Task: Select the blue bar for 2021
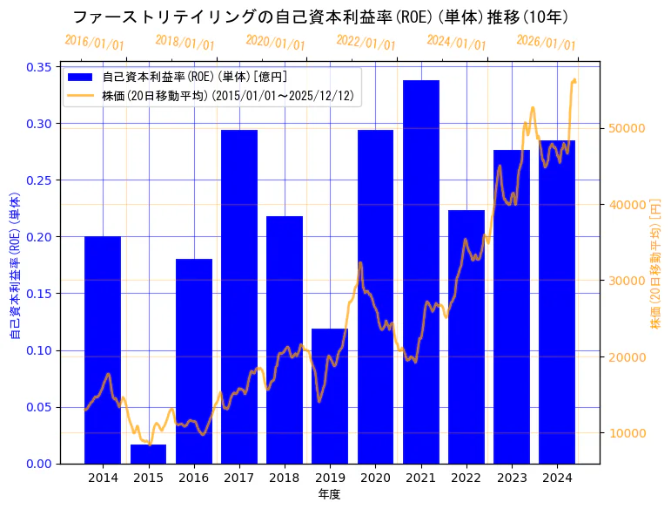click(421, 271)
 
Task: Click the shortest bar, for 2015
click(148, 454)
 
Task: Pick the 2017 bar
click(239, 296)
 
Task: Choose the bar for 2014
click(103, 350)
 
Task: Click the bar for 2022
click(466, 336)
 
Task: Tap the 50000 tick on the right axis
click(626, 128)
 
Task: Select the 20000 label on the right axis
click(626, 357)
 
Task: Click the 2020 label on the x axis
click(375, 478)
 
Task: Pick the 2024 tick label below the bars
click(557, 478)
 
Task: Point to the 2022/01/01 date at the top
click(366, 43)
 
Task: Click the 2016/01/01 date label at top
click(94, 42)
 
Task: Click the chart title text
click(321, 17)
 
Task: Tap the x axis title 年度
click(329, 494)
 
